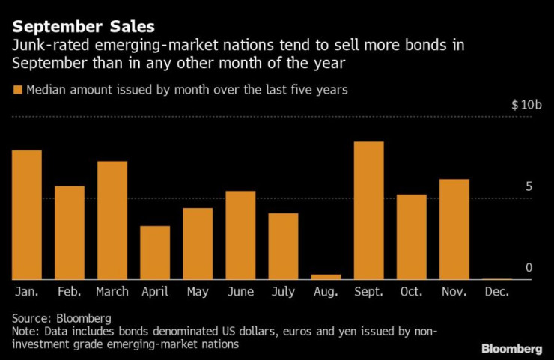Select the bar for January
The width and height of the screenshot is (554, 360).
click(x=27, y=215)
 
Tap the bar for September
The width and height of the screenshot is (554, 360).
click(x=368, y=210)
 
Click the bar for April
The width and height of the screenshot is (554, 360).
click(x=155, y=252)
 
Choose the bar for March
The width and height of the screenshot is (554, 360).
click(x=112, y=220)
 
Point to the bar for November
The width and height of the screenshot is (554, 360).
click(x=454, y=229)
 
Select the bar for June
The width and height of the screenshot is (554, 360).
click(x=240, y=235)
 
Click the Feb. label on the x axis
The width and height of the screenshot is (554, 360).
click(x=70, y=292)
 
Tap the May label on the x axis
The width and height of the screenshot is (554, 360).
click(x=198, y=292)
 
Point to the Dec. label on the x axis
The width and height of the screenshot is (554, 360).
click(x=496, y=292)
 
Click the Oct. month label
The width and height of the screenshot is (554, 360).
click(x=411, y=292)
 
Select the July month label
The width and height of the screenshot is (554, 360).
click(x=283, y=292)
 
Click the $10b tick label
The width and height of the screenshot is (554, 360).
click(x=526, y=104)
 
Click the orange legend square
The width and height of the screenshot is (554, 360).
click(x=17, y=90)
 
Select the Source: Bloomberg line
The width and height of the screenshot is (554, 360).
click(x=61, y=317)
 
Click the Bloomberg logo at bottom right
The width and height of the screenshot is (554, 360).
click(x=511, y=348)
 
